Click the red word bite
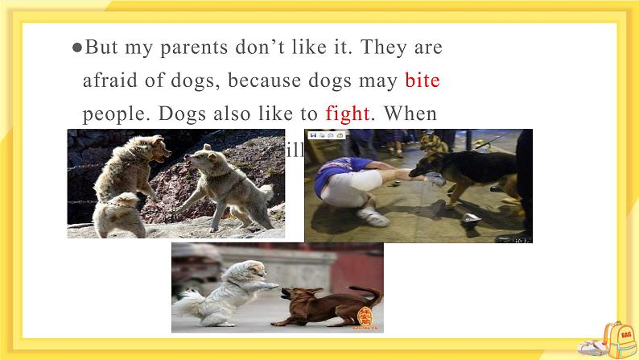[422, 81]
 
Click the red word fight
[347, 114]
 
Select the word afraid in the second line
[109, 81]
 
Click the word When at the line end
[410, 114]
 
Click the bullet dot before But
[76, 48]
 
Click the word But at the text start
[101, 48]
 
